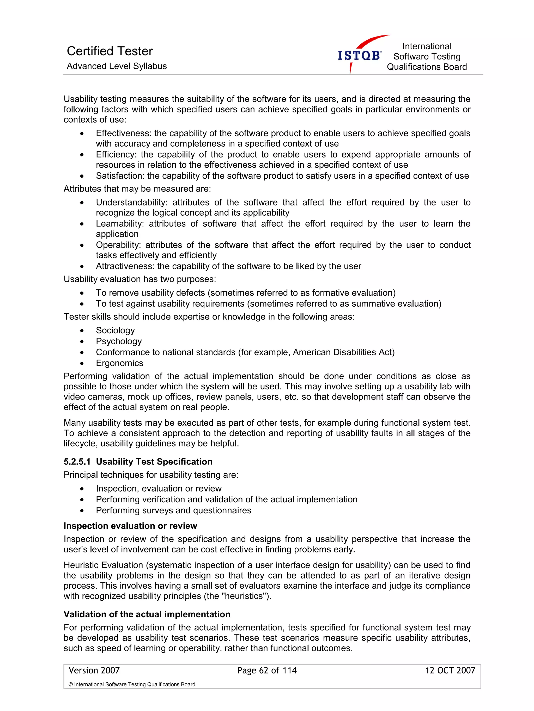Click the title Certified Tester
[x=110, y=51]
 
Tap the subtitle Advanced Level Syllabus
[x=117, y=66]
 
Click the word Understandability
[x=131, y=202]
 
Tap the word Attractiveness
[x=125, y=266]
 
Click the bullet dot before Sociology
[x=82, y=331]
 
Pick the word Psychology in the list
[x=119, y=341]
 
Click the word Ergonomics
[x=119, y=363]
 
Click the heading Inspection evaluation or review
[x=130, y=526]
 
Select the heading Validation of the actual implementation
[x=147, y=614]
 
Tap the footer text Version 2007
[x=94, y=671]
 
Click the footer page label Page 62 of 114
[x=267, y=671]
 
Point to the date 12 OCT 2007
[x=450, y=671]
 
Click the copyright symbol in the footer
[x=71, y=685]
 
